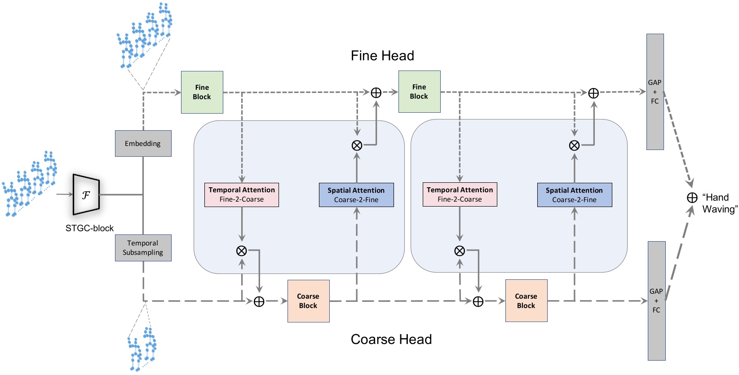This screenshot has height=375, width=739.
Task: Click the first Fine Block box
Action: pyautogui.click(x=202, y=92)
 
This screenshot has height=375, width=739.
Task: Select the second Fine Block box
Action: pyautogui.click(x=419, y=92)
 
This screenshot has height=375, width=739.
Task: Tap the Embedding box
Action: pyautogui.click(x=143, y=144)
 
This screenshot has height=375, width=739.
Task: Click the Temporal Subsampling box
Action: pyautogui.click(x=143, y=248)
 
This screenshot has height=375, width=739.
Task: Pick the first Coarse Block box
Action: pyautogui.click(x=308, y=301)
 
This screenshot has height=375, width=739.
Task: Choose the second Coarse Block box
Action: pyautogui.click(x=526, y=301)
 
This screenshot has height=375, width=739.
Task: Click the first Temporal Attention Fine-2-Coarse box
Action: pyautogui.click(x=242, y=194)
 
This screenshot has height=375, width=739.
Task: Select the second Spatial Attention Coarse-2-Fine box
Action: pyautogui.click(x=574, y=195)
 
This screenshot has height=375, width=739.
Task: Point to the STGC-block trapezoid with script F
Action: pyautogui.click(x=86, y=195)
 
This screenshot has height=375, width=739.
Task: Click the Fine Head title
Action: pyautogui.click(x=382, y=56)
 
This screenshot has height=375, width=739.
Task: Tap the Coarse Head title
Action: pyautogui.click(x=391, y=339)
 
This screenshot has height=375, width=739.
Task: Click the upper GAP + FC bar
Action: pyautogui.click(x=655, y=92)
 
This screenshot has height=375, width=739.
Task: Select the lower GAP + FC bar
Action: pyautogui.click(x=656, y=300)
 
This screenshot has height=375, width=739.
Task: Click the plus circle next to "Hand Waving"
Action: pyautogui.click(x=692, y=198)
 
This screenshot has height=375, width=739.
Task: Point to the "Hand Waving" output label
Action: pyautogui.click(x=719, y=203)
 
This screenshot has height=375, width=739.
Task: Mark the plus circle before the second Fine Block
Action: pyautogui.click(x=376, y=93)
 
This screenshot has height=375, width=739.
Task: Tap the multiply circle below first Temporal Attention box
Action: pyautogui.click(x=242, y=251)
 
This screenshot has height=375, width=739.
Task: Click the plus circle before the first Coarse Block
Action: pyautogui.click(x=259, y=301)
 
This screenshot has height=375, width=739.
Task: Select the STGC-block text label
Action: pyautogui.click(x=89, y=228)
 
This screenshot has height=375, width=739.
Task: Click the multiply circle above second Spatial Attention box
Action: pyautogui.click(x=574, y=145)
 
